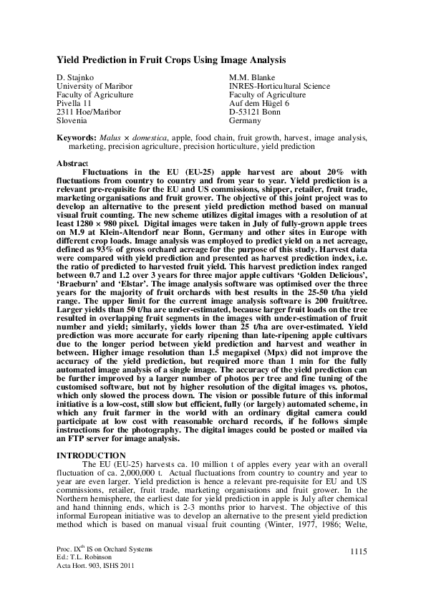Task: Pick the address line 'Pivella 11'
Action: [74, 104]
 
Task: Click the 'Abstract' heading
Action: [73, 163]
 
